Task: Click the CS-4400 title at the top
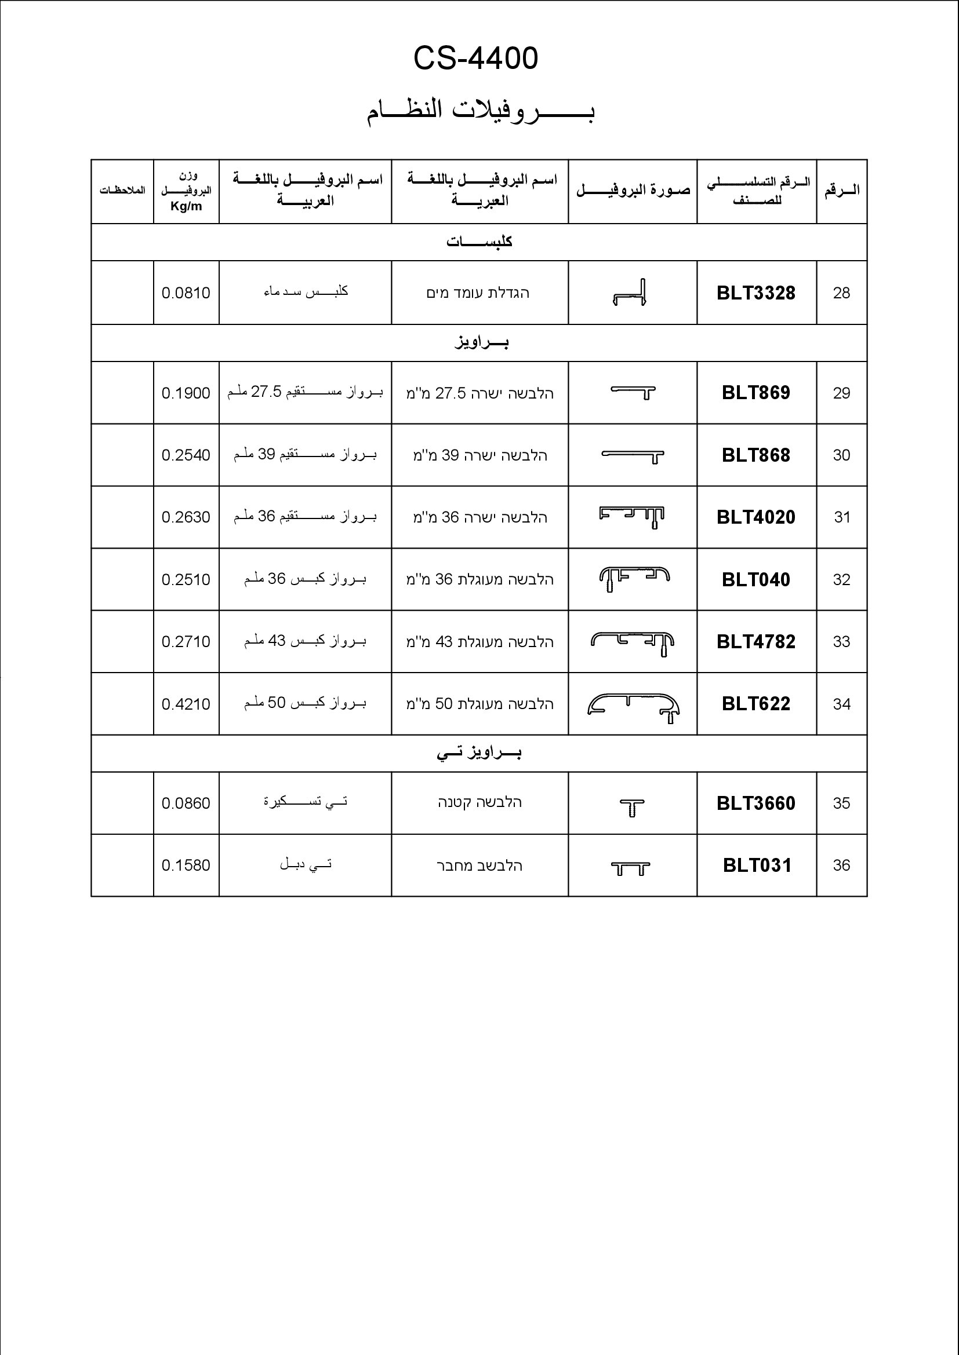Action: click(475, 59)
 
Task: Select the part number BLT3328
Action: click(756, 293)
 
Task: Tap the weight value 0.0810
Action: click(186, 293)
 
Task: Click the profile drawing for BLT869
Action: click(633, 392)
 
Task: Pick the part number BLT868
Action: click(756, 455)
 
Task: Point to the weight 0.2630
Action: click(186, 517)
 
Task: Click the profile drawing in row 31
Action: click(632, 517)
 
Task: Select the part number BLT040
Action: click(756, 579)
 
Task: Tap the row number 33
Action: click(841, 641)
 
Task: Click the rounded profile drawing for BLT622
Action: click(633, 706)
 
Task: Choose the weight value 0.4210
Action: click(186, 704)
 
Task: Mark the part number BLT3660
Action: click(756, 803)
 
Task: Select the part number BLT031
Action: click(757, 865)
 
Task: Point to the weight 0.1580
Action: click(186, 865)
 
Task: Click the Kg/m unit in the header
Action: click(186, 206)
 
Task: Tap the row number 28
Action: click(841, 293)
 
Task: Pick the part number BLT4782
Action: click(756, 641)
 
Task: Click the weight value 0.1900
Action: click(186, 393)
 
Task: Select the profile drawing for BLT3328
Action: click(630, 293)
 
